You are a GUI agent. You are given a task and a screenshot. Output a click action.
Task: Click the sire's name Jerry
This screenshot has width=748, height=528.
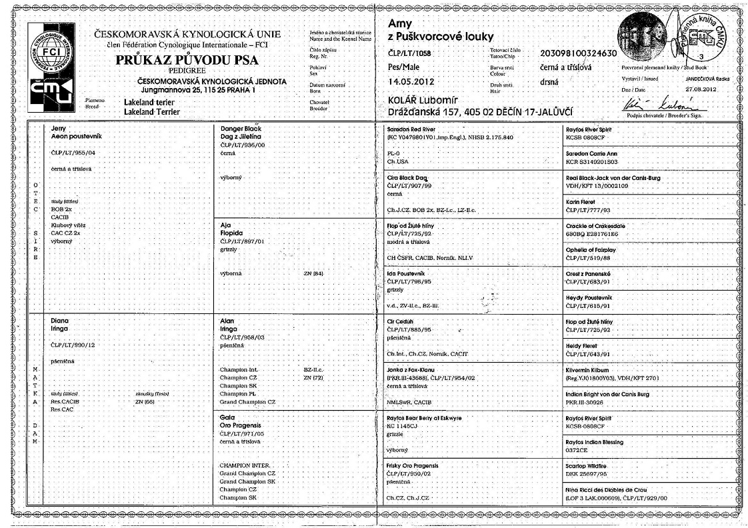pos(59,127)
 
